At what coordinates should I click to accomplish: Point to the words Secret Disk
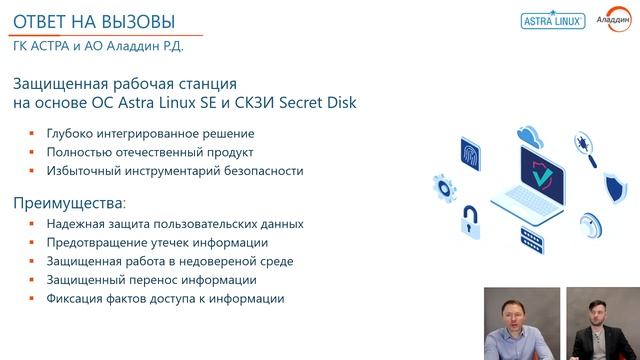click(320, 103)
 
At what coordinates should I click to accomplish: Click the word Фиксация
click(74, 298)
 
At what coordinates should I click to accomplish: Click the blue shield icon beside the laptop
click(613, 187)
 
